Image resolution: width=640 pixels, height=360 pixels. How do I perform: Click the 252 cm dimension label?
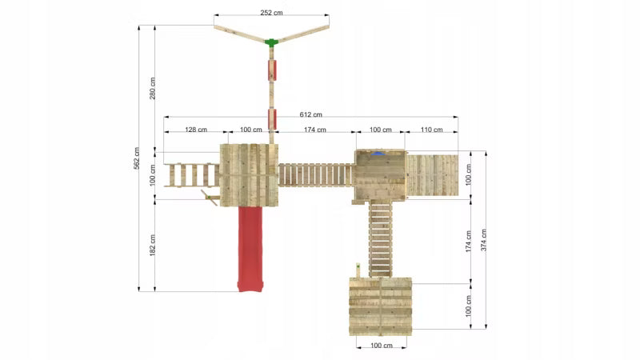271,13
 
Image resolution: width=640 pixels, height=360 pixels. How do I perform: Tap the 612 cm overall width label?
310,114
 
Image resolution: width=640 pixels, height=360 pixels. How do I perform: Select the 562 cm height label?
137,158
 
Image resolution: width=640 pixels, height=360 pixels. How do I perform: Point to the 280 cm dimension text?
152,88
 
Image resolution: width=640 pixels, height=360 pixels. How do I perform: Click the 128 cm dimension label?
196,130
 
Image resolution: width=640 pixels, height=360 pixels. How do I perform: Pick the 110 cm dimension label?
431,130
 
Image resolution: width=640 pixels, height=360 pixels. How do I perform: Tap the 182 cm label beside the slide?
152,246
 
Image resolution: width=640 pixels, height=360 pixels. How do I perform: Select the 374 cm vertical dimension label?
483,240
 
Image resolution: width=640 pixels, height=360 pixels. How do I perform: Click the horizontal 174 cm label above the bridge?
315,130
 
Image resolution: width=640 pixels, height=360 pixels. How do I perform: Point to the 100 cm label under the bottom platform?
382,346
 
